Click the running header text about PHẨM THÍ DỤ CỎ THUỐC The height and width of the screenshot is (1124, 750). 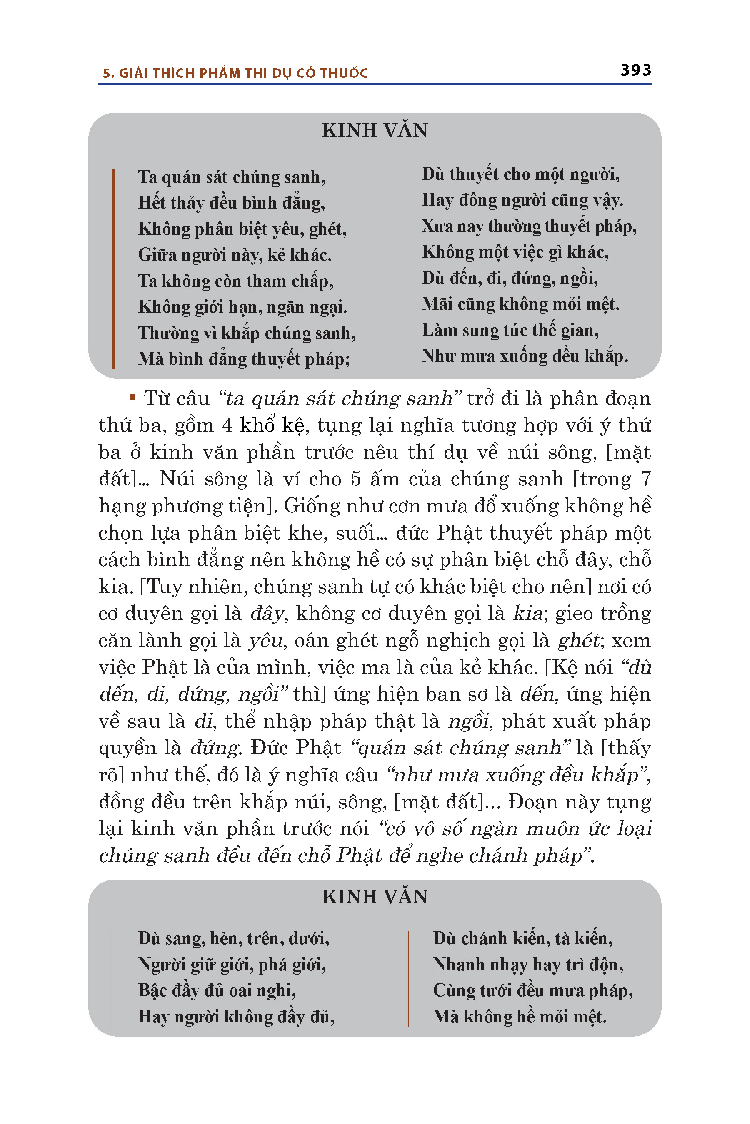pyautogui.click(x=235, y=73)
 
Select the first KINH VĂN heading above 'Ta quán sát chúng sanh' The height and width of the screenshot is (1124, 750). pyautogui.click(x=375, y=130)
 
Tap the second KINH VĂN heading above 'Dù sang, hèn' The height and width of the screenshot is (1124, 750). pyautogui.click(x=375, y=897)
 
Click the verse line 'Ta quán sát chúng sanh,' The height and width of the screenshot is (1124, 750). pyautogui.click(x=232, y=177)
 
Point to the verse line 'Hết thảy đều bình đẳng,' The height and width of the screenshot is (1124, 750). pyautogui.click(x=232, y=203)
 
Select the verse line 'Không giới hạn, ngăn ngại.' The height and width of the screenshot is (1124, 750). pyautogui.click(x=242, y=307)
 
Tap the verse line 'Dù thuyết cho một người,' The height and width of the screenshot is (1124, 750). pyautogui.click(x=520, y=174)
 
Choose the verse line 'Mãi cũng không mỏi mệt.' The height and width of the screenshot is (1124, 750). pyautogui.click(x=520, y=304)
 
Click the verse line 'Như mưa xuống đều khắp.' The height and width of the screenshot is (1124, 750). pyautogui.click(x=525, y=356)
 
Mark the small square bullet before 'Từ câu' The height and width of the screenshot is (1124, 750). pyautogui.click(x=132, y=397)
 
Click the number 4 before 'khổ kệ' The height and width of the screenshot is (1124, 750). pyautogui.click(x=227, y=425)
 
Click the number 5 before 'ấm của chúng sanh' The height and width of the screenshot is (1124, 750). pyautogui.click(x=355, y=479)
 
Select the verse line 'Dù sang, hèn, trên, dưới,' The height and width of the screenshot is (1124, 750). pyautogui.click(x=233, y=939)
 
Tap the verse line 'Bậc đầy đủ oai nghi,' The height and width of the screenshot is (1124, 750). pyautogui.click(x=217, y=990)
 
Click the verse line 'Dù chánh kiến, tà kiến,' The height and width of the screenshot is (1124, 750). pyautogui.click(x=523, y=939)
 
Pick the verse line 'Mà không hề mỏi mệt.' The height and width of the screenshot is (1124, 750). pyautogui.click(x=520, y=1017)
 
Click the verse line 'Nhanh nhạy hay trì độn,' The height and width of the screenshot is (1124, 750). pyautogui.click(x=528, y=965)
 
